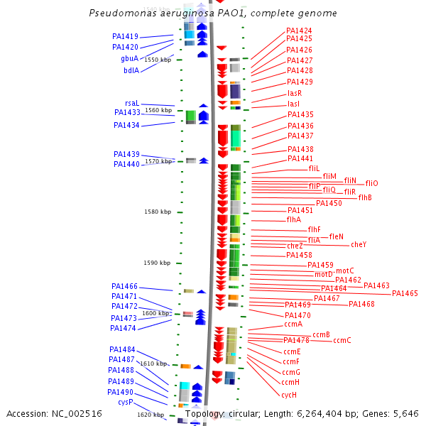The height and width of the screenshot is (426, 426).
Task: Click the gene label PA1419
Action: pyautogui.click(x=125, y=36)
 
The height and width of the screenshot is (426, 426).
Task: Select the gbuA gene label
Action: pyautogui.click(x=129, y=59)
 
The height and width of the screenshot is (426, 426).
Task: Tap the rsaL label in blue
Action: pyautogui.click(x=131, y=103)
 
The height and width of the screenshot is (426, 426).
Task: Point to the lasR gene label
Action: pyautogui.click(x=294, y=93)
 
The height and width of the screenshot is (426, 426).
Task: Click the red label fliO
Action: pyautogui.click(x=371, y=183)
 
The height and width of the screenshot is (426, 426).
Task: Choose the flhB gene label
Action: pyautogui.click(x=364, y=197)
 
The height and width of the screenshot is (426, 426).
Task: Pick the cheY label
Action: pyautogui.click(x=358, y=244)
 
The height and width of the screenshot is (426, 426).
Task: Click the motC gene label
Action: pyautogui.click(x=344, y=271)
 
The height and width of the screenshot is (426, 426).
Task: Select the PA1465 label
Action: pyautogui.click(x=405, y=293)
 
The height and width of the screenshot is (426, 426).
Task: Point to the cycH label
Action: pyautogui.click(x=288, y=395)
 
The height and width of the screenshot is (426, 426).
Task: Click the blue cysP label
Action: pyautogui.click(x=125, y=402)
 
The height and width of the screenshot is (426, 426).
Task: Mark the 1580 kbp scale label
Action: pyautogui.click(x=157, y=212)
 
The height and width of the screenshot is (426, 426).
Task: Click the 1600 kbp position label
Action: pyautogui.click(x=155, y=312)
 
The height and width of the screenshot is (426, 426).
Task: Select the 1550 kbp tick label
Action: pyautogui.click(x=157, y=60)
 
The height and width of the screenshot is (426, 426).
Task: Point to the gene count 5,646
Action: pyautogui.click(x=405, y=414)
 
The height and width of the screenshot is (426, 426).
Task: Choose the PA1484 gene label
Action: pyautogui.click(x=122, y=349)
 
